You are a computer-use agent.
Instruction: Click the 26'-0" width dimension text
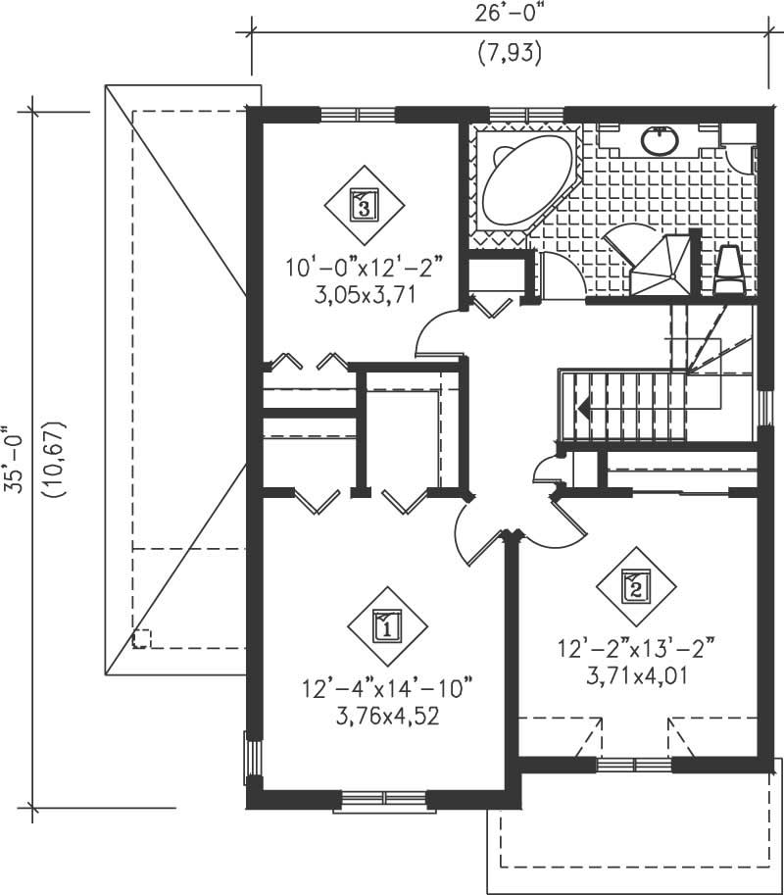pyautogui.click(x=509, y=15)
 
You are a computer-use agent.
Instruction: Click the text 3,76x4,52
pyautogui.click(x=386, y=716)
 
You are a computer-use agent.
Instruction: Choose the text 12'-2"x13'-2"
pyautogui.click(x=635, y=650)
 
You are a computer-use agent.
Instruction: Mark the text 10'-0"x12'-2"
pyautogui.click(x=365, y=266)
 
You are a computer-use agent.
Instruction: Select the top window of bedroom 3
pyautogui.click(x=358, y=113)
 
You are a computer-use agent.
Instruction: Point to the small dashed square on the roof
pyautogui.click(x=142, y=638)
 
